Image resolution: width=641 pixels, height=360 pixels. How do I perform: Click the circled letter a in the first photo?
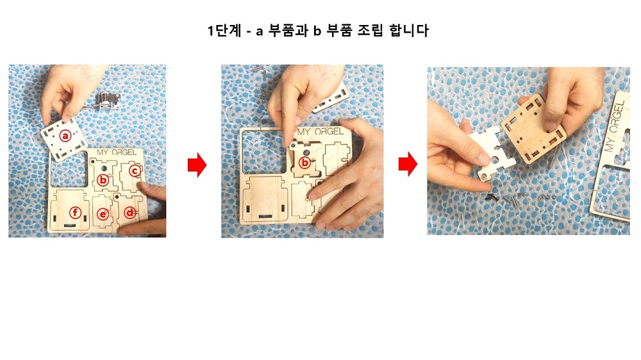point(65,135)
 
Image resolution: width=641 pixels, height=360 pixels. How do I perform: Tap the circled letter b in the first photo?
point(103,179)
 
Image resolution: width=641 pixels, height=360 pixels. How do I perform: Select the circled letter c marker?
point(135,170)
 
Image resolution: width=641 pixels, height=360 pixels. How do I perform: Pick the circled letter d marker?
point(129,213)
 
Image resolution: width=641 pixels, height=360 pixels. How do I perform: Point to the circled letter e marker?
point(103,214)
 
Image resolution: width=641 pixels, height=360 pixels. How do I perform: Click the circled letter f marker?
point(75,213)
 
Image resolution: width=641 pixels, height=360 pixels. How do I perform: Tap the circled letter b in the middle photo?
point(304,163)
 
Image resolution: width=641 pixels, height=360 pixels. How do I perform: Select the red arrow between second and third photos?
point(408,164)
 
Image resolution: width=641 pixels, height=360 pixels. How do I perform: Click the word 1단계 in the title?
point(224,31)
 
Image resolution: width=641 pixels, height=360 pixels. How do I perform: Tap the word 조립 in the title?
point(370,31)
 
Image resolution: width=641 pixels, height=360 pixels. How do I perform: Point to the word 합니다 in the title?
point(409,31)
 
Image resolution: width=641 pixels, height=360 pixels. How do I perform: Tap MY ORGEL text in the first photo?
point(117,152)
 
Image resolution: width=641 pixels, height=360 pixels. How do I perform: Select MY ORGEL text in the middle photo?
point(320,131)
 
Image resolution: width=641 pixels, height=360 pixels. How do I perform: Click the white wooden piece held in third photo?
point(490,153)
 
